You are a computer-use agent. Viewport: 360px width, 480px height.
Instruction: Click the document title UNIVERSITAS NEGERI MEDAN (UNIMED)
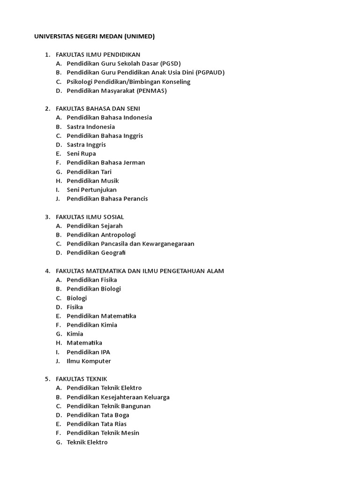click(x=94, y=37)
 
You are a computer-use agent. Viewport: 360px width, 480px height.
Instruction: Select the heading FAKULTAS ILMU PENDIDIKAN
click(x=97, y=54)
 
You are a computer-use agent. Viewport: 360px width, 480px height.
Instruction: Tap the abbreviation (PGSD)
click(x=170, y=63)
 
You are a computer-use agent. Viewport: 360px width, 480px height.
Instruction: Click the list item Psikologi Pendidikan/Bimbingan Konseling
click(x=128, y=82)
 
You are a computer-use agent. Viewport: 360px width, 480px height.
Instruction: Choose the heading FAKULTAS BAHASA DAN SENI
click(x=97, y=109)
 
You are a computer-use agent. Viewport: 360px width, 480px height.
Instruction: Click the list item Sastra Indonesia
click(x=90, y=127)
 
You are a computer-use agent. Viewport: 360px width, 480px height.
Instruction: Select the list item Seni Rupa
click(x=81, y=154)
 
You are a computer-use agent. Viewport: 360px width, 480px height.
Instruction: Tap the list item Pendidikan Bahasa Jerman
click(x=106, y=163)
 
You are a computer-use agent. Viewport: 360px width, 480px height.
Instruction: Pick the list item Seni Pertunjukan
click(x=91, y=190)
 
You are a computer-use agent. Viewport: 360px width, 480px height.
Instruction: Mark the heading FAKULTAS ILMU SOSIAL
click(x=90, y=217)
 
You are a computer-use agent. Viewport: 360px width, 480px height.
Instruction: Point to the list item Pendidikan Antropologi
click(x=101, y=235)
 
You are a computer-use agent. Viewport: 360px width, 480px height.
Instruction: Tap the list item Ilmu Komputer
click(x=89, y=361)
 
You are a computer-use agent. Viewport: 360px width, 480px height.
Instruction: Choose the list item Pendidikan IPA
click(x=89, y=352)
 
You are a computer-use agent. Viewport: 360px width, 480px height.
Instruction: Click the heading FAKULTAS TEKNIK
click(x=81, y=379)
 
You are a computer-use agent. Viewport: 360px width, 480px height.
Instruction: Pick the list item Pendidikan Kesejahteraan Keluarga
click(x=118, y=397)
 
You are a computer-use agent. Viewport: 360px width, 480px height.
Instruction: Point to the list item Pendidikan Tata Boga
click(x=98, y=415)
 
